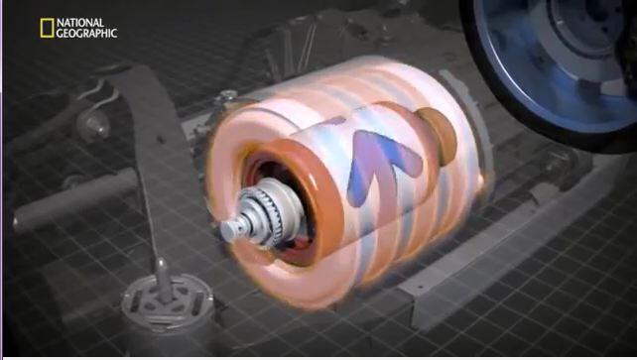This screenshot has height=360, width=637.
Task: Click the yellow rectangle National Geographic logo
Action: pyautogui.click(x=47, y=28)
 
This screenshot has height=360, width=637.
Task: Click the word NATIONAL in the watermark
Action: pyautogui.click(x=80, y=23)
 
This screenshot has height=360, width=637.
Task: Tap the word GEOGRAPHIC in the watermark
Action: pyautogui.click(x=86, y=34)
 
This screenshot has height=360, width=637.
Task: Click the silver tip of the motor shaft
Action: pyautogui.click(x=229, y=230)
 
